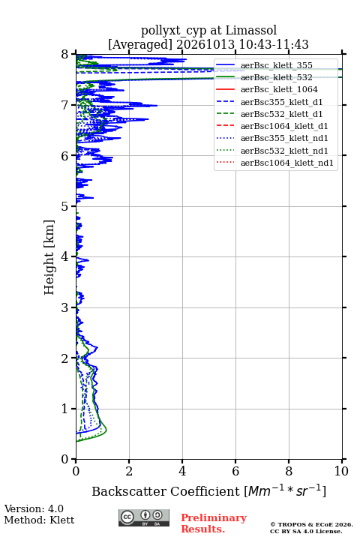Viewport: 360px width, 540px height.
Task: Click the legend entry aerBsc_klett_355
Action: click(x=276, y=65)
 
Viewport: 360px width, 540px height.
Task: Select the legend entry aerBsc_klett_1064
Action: click(x=279, y=89)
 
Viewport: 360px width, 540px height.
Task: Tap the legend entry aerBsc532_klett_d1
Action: click(x=281, y=114)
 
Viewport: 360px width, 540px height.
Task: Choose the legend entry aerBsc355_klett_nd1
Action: click(x=284, y=138)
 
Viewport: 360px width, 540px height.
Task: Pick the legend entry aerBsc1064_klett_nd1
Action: click(x=287, y=163)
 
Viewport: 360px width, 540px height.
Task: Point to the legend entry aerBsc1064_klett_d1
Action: click(x=284, y=126)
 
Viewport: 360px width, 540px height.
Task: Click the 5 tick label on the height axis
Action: click(x=64, y=207)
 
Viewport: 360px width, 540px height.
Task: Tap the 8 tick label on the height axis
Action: click(x=64, y=55)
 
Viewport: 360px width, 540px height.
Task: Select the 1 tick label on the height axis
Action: click(x=64, y=409)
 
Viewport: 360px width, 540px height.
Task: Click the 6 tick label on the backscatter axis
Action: click(x=235, y=471)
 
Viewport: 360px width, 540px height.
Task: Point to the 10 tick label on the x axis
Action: click(x=341, y=471)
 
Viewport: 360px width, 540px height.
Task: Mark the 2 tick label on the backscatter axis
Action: click(x=129, y=471)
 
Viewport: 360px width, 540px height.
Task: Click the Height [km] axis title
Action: click(x=49, y=257)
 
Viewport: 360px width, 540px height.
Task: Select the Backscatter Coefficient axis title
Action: click(x=208, y=490)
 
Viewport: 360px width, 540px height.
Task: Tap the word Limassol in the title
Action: click(x=251, y=31)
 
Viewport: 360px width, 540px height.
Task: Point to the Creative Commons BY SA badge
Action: click(x=144, y=518)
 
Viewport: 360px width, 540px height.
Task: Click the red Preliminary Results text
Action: click(x=214, y=523)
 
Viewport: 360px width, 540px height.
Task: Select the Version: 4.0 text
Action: click(x=34, y=509)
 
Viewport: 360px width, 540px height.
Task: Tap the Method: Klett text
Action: click(x=39, y=520)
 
